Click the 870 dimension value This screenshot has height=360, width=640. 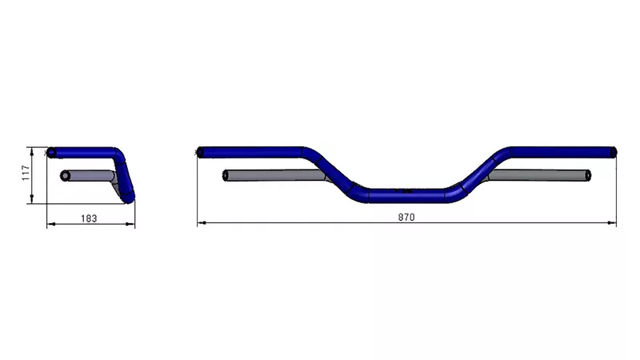(x=406, y=218)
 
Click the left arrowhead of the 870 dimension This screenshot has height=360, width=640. (x=201, y=223)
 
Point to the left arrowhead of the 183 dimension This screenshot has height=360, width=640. (x=51, y=224)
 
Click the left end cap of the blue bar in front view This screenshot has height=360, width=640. (x=200, y=151)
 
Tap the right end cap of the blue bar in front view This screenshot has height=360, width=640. (x=614, y=151)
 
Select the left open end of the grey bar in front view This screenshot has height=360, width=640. (x=226, y=174)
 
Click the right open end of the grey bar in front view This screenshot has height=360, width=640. (x=589, y=174)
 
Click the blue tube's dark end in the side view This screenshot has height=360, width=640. (x=51, y=152)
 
